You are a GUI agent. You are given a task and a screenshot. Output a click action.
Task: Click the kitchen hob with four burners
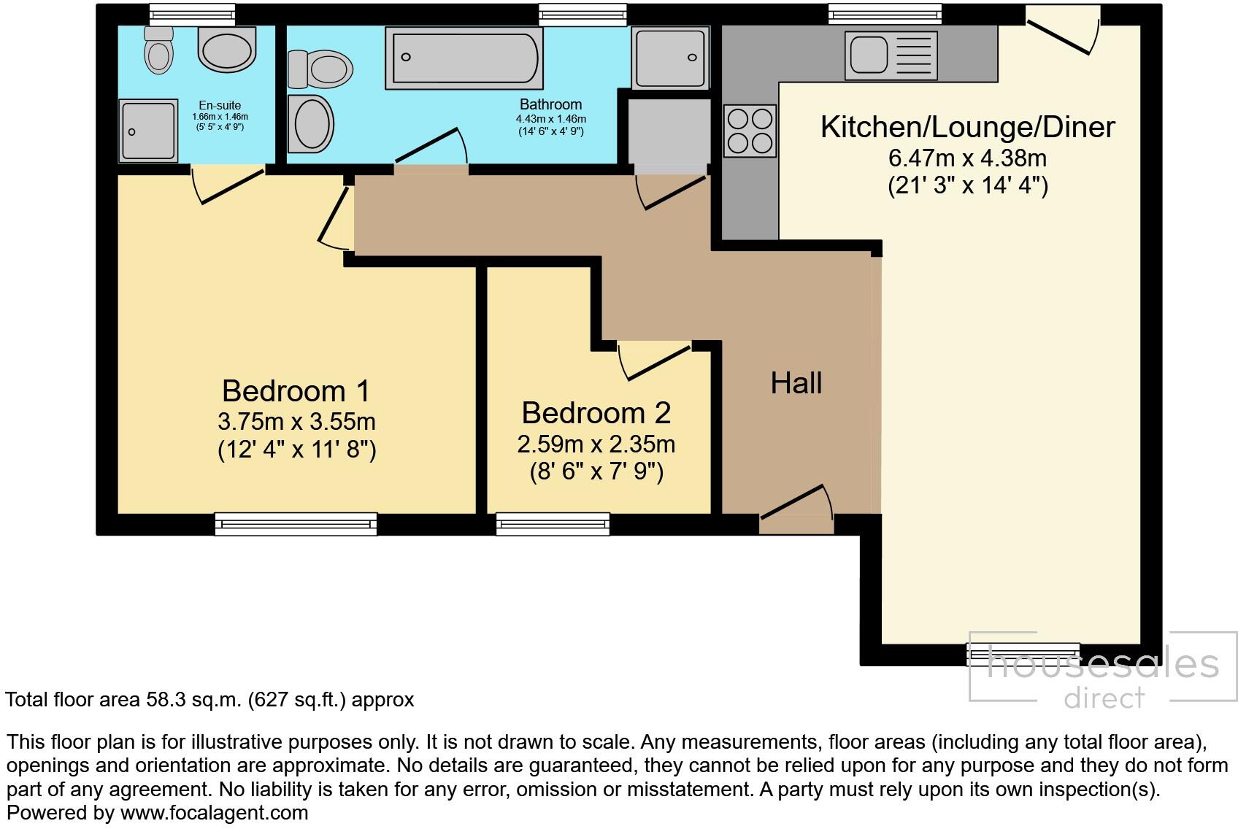point(750,131)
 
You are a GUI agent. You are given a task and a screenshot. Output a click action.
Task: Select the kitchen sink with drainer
point(891,55)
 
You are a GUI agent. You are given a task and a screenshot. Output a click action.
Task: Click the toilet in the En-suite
point(158,50)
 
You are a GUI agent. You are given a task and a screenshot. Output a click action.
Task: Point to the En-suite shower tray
point(149,130)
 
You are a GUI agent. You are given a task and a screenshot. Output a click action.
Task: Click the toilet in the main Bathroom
point(320,70)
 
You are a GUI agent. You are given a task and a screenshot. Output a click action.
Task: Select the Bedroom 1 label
point(296,391)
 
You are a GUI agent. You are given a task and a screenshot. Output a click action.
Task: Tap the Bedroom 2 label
point(596,413)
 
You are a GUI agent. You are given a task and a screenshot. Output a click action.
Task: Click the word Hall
point(796,383)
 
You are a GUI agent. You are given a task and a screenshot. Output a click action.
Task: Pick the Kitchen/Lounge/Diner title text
point(967,127)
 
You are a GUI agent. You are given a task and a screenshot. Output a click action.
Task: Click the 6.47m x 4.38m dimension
point(967,158)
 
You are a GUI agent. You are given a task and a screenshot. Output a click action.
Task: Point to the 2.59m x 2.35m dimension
point(596,444)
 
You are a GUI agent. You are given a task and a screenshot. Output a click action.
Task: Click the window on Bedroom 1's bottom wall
point(296,523)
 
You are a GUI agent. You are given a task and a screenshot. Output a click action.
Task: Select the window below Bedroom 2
point(553,523)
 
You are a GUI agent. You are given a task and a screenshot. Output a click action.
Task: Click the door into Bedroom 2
point(655,360)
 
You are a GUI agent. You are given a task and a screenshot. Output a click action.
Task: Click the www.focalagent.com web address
point(214,812)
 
